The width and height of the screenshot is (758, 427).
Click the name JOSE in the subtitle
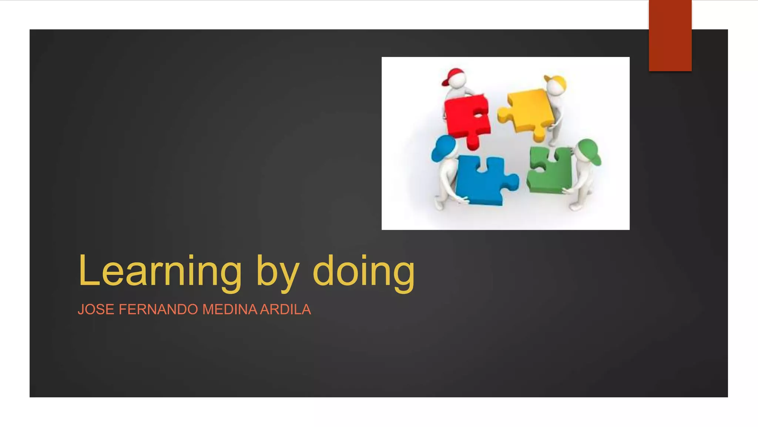click(x=96, y=310)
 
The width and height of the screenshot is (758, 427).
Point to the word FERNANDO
click(x=158, y=310)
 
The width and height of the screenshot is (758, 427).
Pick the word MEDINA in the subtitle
click(x=229, y=310)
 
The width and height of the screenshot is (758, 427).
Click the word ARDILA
click(x=285, y=310)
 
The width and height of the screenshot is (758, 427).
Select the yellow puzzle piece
click(x=527, y=111)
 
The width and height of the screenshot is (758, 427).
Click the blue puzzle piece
click(x=481, y=182)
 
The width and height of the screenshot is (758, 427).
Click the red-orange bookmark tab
click(x=670, y=35)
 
